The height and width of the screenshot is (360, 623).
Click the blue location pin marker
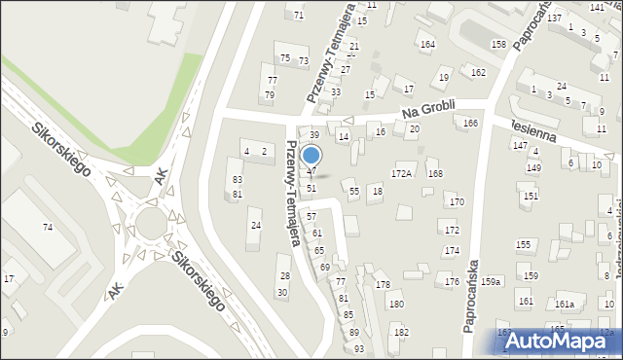click(x=311, y=156)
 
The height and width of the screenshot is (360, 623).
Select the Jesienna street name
click(x=531, y=130)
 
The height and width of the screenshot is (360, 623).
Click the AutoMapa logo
click(x=564, y=341)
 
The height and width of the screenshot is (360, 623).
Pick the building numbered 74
click(x=47, y=227)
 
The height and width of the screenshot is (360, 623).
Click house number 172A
click(x=402, y=173)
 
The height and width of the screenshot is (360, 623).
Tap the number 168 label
click(x=435, y=173)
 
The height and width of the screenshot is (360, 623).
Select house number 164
click(x=426, y=45)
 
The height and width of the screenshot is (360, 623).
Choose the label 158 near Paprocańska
click(x=498, y=45)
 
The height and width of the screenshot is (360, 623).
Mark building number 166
click(x=470, y=123)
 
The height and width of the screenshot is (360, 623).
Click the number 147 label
click(x=520, y=144)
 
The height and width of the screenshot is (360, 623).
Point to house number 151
click(x=530, y=196)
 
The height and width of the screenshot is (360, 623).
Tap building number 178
click(x=383, y=284)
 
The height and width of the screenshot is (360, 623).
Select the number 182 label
click(x=401, y=332)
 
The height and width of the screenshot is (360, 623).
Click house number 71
click(x=298, y=16)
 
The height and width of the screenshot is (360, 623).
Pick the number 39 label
click(x=314, y=134)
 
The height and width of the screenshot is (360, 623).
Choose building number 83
click(x=237, y=180)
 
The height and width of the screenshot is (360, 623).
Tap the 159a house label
click(x=491, y=282)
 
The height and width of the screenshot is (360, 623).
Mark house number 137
click(x=554, y=18)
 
